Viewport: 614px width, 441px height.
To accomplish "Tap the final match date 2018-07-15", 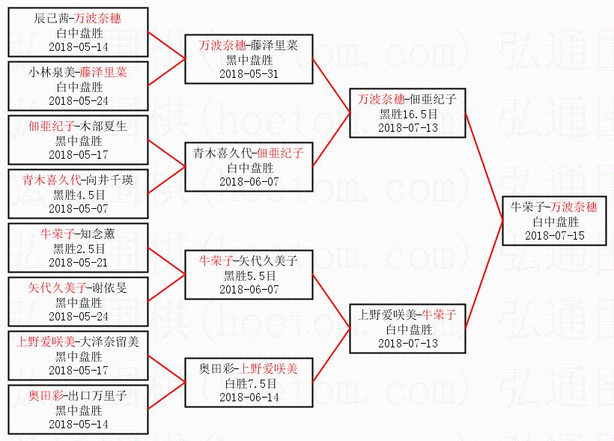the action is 555,235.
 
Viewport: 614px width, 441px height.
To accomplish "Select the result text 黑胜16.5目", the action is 407,114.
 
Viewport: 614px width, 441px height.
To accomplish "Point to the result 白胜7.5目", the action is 249,383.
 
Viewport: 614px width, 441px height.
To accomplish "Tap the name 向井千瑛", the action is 105,180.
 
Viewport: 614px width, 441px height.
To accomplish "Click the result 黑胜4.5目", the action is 78,194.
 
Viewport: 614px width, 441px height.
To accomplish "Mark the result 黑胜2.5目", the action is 78,249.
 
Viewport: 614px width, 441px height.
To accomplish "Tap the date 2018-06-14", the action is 249,397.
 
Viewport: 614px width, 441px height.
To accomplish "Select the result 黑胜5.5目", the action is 249,276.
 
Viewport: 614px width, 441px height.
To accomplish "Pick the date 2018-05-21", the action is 78,262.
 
